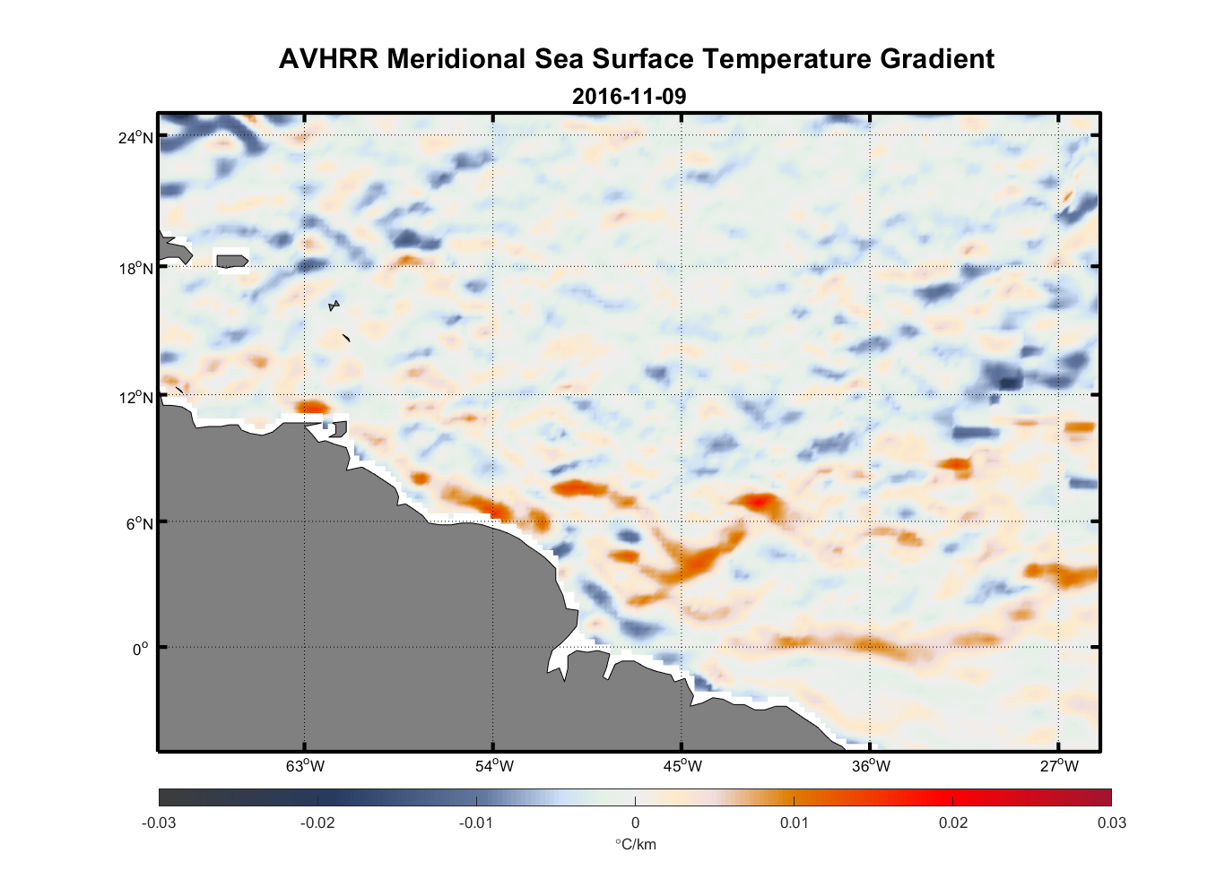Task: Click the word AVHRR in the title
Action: click(x=328, y=59)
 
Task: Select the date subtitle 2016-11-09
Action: click(x=629, y=96)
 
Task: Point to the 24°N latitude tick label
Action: click(x=135, y=137)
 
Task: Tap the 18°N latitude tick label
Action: click(x=135, y=268)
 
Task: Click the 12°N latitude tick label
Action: click(x=135, y=397)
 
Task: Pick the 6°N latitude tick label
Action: click(x=139, y=523)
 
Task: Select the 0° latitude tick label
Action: click(x=141, y=649)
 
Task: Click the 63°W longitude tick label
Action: click(x=305, y=766)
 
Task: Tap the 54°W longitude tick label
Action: click(x=494, y=766)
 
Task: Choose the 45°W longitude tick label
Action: click(x=682, y=766)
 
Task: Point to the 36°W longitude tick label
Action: click(x=871, y=766)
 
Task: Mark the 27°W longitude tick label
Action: click(x=1059, y=766)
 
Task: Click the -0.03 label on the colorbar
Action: click(x=159, y=823)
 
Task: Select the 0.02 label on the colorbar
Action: click(x=953, y=823)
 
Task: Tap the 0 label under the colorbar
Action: click(x=635, y=823)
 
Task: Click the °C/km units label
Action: click(x=635, y=844)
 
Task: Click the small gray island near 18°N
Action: click(x=231, y=261)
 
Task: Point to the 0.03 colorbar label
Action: click(x=1111, y=823)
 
